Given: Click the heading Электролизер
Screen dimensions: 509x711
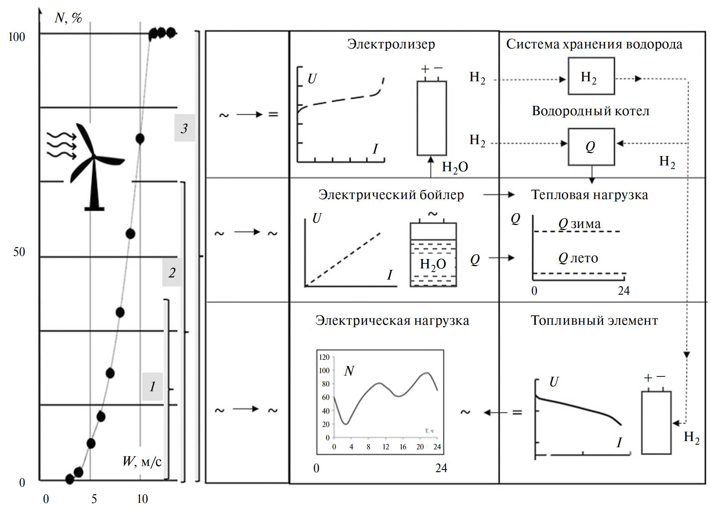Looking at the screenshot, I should coord(391,44).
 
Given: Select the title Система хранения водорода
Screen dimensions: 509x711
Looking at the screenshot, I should coord(594,44).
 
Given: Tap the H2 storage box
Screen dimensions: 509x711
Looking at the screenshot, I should coord(591,76).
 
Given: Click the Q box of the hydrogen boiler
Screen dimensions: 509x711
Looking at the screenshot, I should coord(591,147).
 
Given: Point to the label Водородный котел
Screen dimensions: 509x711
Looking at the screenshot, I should coord(590,111).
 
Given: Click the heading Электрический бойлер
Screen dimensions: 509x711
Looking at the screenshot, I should coord(391,195).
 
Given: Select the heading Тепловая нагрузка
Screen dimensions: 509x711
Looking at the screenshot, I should coord(589,195).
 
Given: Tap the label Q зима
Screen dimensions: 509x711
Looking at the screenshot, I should coord(579,224).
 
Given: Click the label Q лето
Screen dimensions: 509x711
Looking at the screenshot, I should coord(578,258).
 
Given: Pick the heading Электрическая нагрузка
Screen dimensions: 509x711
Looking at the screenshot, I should coord(392,320).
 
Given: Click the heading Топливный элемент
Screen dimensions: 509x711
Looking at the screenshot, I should coord(594,320).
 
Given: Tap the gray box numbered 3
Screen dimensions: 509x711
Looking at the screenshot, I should coord(184,128).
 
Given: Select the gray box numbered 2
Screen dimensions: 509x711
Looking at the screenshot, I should coord(172,272).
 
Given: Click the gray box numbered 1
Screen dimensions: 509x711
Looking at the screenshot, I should coord(153,387).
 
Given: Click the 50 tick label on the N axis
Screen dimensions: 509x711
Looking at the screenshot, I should coord(19,252).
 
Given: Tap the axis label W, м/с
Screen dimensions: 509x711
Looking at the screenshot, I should coord(142,461).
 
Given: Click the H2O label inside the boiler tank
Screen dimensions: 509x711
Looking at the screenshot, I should coord(433,264).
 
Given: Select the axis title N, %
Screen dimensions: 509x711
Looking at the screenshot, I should coord(68,18).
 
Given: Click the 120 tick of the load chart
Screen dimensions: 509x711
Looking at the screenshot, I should coord(324,357).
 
